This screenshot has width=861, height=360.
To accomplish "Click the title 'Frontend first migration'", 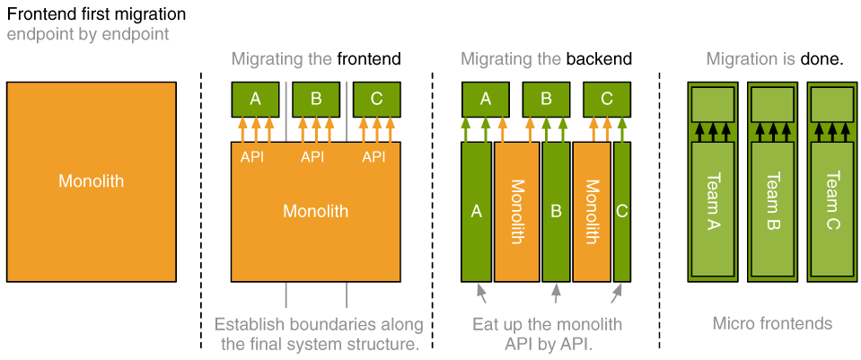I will pos(96,14).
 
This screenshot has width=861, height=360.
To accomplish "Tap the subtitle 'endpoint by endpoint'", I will pos(87,35).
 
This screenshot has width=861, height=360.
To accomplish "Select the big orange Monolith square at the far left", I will pos(92,181).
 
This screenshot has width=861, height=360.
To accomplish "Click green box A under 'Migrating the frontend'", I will pos(255,99).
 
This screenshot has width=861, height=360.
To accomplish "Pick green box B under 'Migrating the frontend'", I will pos(316,99).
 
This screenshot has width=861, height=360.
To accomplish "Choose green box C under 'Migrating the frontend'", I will pos(376,99).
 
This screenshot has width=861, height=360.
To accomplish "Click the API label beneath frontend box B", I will pos(312,157).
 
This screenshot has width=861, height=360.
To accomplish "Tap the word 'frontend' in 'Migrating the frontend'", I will pos(369,59).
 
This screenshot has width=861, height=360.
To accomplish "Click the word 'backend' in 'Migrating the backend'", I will pos(599,59).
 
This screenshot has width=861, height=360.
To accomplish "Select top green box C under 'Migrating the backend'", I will pos(607,99).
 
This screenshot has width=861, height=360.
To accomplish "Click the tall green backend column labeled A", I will pos(477,211).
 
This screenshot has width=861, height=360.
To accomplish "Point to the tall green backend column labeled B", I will pos(556,211).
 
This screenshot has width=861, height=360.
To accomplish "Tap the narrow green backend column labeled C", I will pos(622,211).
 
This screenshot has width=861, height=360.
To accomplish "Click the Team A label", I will pos(713,200).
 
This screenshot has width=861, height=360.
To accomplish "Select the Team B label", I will pos(773,200).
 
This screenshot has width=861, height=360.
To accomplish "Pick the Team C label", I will pos(832,200).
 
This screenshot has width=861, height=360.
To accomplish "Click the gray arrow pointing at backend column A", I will pos(481,293).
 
